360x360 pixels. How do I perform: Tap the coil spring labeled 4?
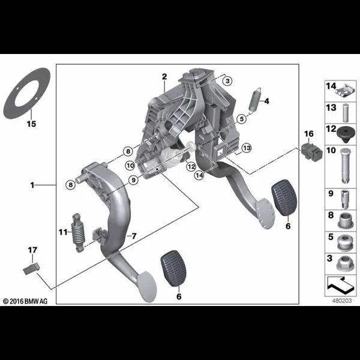click(256, 100)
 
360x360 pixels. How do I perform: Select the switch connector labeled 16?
click(312, 152)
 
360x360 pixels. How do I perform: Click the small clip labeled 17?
click(31, 269)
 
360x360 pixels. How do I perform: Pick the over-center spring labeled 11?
click(78, 233)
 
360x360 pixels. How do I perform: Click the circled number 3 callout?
click(227, 81)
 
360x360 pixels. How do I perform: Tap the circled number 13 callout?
click(247, 148)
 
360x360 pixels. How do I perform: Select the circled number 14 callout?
click(199, 175)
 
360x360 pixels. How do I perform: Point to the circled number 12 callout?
click(191, 166)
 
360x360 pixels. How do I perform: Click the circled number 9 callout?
click(134, 180)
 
